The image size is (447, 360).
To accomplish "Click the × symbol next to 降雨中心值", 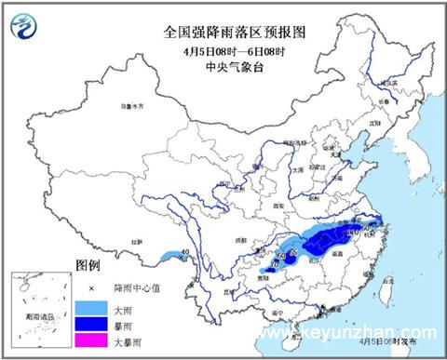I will [91, 287].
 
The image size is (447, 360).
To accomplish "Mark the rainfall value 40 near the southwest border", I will [185, 252].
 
